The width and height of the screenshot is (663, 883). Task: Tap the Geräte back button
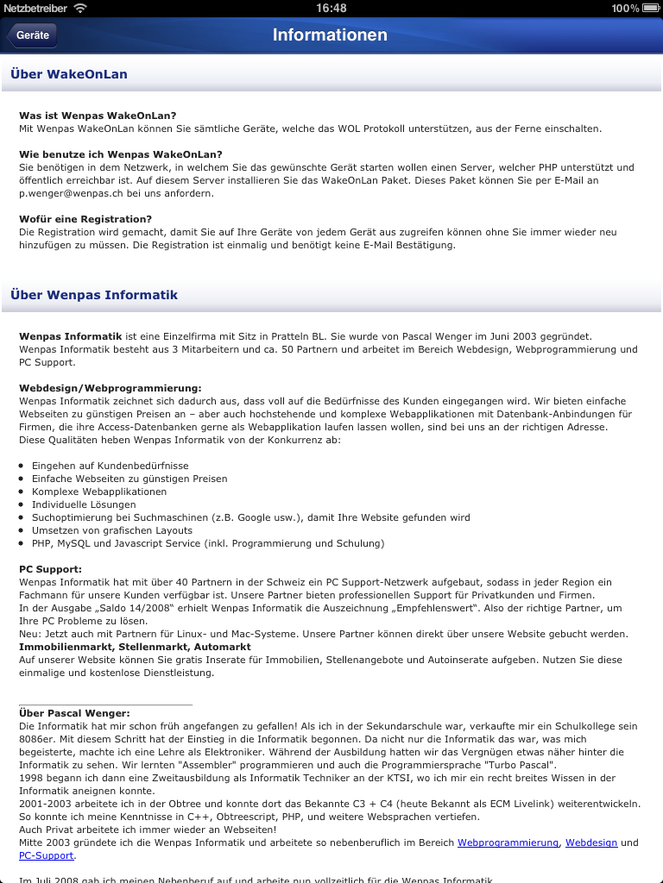[x=33, y=35]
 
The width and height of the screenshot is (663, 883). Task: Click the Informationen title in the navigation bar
[x=331, y=35]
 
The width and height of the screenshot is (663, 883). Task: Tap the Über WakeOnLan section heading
[x=69, y=74]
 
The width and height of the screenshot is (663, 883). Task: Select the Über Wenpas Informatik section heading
[x=94, y=295]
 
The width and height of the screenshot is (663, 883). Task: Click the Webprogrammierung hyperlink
[x=508, y=842]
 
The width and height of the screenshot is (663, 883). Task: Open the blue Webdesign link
[x=591, y=842]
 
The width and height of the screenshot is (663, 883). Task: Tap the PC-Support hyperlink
[x=47, y=855]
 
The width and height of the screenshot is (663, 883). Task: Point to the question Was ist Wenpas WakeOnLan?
[x=98, y=116]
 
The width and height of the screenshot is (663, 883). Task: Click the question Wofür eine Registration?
[x=85, y=219]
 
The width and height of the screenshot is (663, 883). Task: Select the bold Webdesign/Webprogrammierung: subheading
[x=110, y=388]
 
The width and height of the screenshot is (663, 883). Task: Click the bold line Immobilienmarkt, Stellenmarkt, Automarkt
[x=136, y=647]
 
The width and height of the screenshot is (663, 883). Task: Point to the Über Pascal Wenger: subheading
[x=74, y=713]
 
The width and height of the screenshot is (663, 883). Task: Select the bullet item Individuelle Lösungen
[x=84, y=504]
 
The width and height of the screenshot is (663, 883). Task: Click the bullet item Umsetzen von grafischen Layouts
[x=112, y=530]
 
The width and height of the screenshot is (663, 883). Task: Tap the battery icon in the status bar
[x=648, y=8]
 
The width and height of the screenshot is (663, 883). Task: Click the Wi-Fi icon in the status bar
[x=80, y=8]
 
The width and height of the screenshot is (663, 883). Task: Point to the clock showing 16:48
[x=331, y=8]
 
